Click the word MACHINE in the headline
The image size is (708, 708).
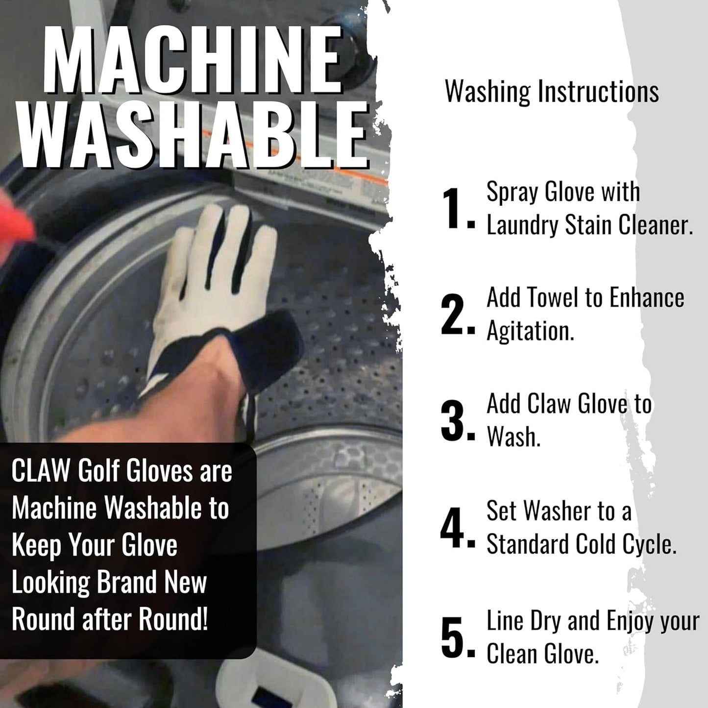pyautogui.click(x=193, y=60)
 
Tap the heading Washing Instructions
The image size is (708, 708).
pyautogui.click(x=551, y=92)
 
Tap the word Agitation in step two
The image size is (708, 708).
pyautogui.click(x=530, y=332)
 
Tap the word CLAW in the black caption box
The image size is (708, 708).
pyautogui.click(x=41, y=471)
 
